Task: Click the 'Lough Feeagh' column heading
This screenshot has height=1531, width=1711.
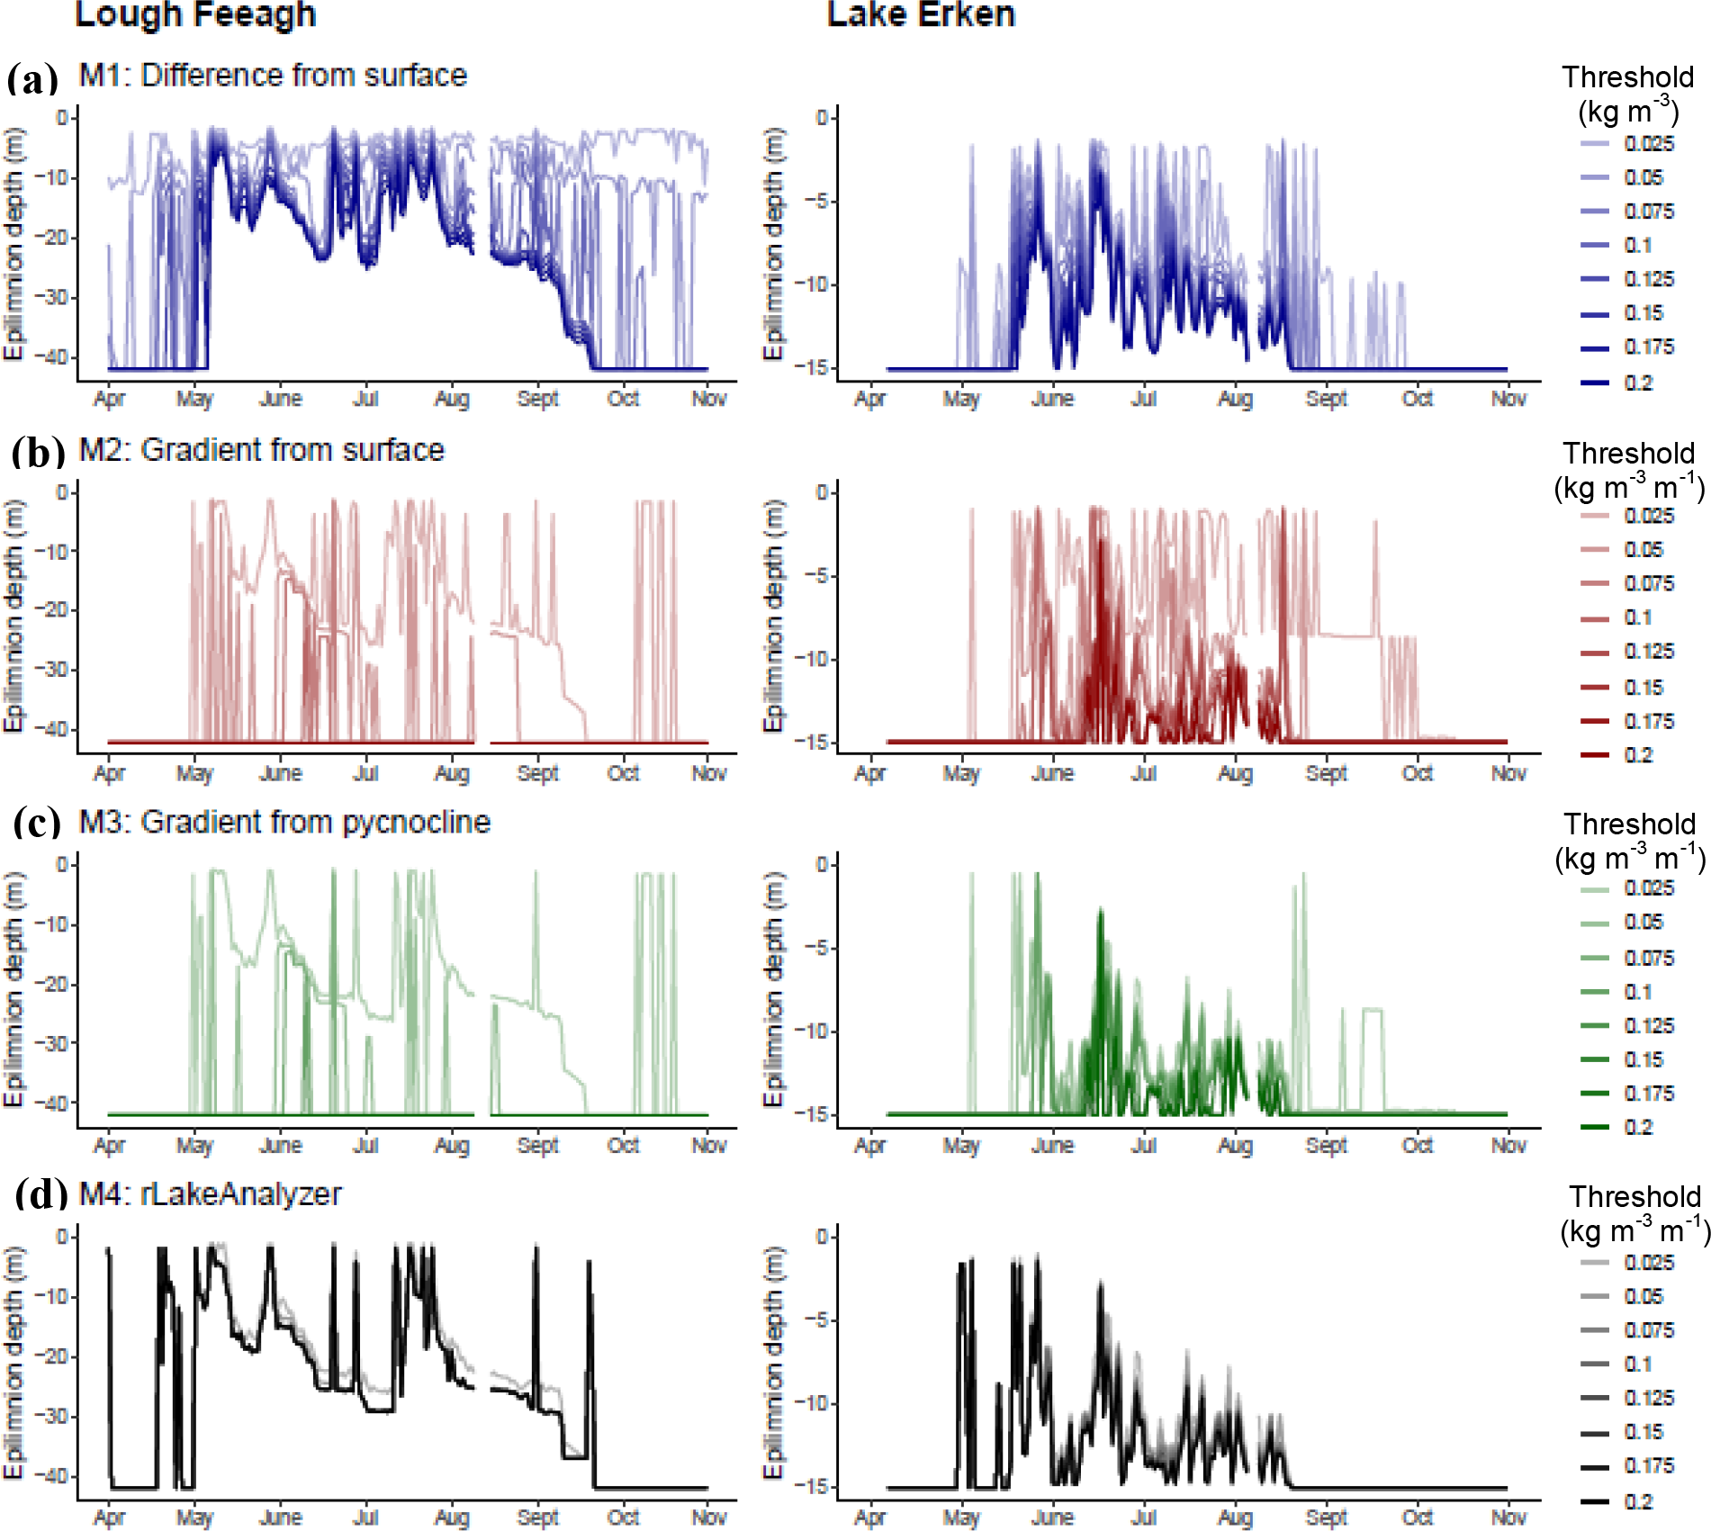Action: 195,14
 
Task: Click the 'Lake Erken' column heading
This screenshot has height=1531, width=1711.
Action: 921,14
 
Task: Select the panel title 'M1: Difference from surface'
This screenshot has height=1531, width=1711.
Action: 273,76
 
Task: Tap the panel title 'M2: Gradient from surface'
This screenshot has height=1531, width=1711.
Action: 261,450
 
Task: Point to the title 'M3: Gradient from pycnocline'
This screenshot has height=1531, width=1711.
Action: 284,822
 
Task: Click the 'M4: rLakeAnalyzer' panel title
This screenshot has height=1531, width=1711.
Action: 210,1194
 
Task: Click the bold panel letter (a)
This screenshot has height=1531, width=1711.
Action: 32,79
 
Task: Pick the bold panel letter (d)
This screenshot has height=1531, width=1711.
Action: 41,1194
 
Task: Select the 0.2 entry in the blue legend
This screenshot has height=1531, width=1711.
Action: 1638,383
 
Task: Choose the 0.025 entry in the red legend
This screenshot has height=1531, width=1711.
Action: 1649,516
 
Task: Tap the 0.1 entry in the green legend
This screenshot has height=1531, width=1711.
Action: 1638,992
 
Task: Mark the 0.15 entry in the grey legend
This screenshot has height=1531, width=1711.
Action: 1643,1432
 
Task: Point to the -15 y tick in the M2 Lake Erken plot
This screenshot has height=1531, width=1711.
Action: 814,742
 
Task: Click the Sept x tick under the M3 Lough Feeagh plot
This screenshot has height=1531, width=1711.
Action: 537,1146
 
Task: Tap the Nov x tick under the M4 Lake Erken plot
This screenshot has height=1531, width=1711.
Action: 1508,1517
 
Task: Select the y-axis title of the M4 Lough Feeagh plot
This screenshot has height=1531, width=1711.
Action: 14,1362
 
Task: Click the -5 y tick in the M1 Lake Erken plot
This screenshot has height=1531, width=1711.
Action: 817,202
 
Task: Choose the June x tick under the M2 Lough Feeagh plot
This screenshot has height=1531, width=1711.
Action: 280,773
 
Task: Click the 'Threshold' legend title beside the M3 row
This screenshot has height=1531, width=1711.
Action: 1629,824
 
